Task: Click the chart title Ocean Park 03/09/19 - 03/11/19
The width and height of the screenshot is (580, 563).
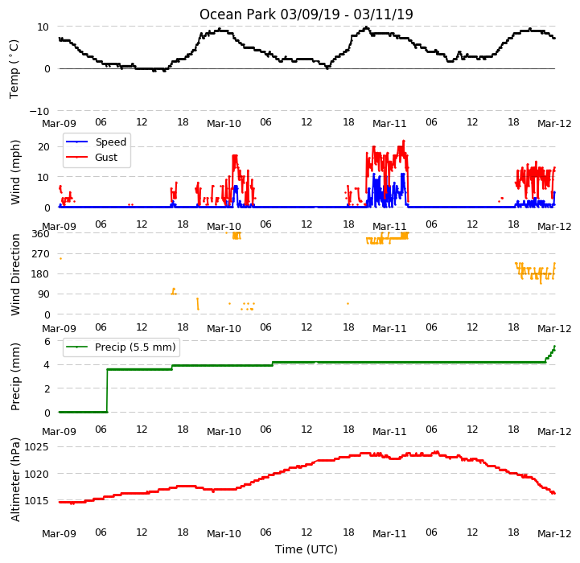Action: point(306,14)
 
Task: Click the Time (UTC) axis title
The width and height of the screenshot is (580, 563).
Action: point(306,549)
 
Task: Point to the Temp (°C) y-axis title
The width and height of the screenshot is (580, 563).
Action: point(14,69)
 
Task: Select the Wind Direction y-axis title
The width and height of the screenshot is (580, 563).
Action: point(15,274)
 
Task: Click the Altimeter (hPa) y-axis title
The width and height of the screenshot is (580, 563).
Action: point(15,480)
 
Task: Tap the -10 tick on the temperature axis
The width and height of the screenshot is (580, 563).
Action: point(39,111)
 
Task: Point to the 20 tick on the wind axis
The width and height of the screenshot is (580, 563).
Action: point(43,147)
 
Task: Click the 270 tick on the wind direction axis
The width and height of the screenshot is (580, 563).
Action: point(41,254)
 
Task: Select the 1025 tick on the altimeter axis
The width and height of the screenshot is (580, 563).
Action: point(36,447)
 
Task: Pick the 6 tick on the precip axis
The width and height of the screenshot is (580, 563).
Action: point(47,341)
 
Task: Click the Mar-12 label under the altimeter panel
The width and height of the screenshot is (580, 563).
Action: point(554,533)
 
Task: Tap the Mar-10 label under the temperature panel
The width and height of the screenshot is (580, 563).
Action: point(224,124)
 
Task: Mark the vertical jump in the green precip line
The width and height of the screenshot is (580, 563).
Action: point(107,391)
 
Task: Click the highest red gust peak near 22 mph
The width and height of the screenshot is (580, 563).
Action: point(404,141)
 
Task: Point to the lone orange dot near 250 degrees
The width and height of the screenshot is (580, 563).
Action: point(60,258)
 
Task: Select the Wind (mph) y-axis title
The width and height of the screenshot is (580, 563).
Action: point(15,172)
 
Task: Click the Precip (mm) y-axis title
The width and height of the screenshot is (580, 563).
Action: point(15,377)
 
